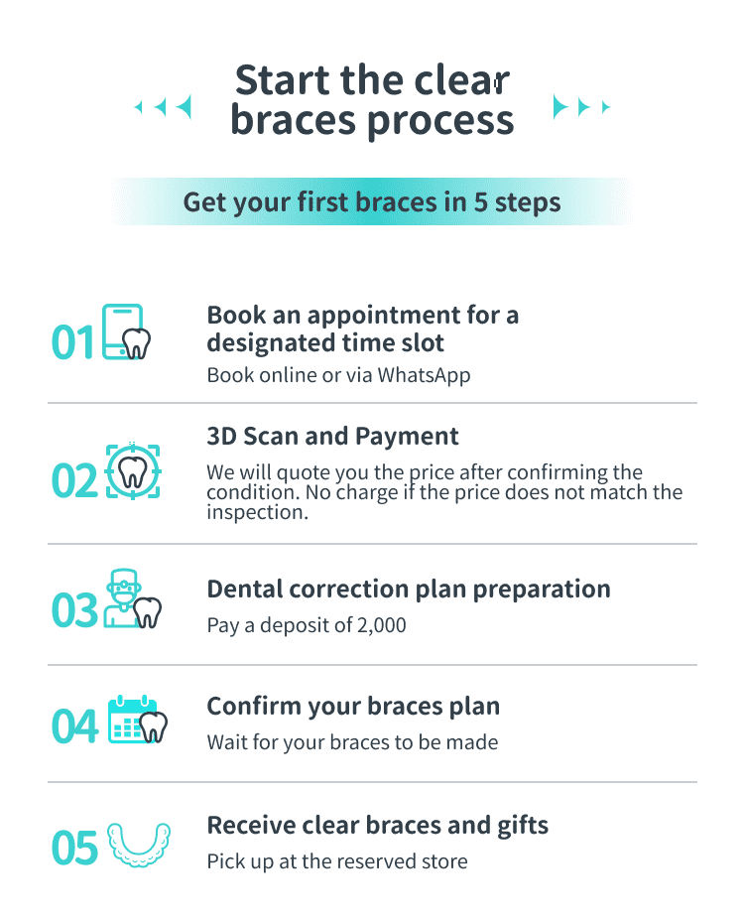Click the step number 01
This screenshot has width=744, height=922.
(x=72, y=342)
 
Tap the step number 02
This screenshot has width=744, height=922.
(x=74, y=480)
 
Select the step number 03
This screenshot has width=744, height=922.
(x=74, y=609)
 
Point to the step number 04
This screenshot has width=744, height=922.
(x=74, y=726)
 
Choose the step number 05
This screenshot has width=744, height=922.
(x=74, y=848)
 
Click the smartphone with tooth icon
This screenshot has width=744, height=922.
(x=126, y=331)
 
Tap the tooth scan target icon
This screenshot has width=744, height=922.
(x=133, y=471)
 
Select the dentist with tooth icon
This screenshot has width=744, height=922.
(x=132, y=598)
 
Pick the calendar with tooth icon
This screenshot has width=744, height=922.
(x=138, y=720)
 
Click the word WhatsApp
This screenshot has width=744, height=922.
(x=424, y=375)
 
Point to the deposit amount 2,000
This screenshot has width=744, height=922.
(x=381, y=625)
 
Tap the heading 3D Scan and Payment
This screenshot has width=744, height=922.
(x=332, y=437)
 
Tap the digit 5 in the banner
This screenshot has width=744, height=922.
(x=481, y=202)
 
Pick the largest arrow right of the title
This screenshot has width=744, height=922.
(x=560, y=107)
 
